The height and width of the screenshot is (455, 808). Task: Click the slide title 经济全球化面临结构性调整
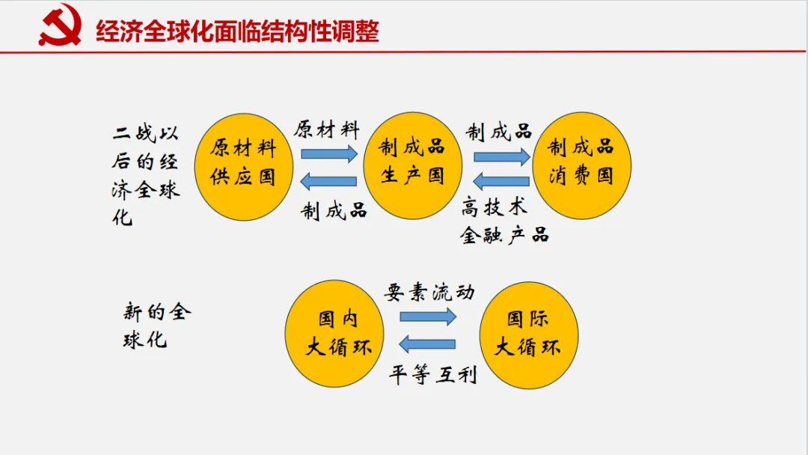[237, 31]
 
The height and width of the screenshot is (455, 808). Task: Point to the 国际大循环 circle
[527, 333]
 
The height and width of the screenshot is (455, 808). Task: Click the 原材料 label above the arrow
[326, 129]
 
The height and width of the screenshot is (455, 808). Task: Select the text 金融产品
[504, 235]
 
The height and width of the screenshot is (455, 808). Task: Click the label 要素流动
[429, 291]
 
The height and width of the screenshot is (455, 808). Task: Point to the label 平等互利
[432, 374]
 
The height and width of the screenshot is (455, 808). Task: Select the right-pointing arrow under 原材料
[329, 153]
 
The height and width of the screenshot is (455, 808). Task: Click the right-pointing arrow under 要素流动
[428, 316]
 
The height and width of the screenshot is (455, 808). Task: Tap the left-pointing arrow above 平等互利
[426, 344]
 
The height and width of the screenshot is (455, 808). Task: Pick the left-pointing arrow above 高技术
[501, 181]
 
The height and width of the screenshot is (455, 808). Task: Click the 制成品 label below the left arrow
[334, 210]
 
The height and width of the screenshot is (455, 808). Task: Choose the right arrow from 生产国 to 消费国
[501, 156]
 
